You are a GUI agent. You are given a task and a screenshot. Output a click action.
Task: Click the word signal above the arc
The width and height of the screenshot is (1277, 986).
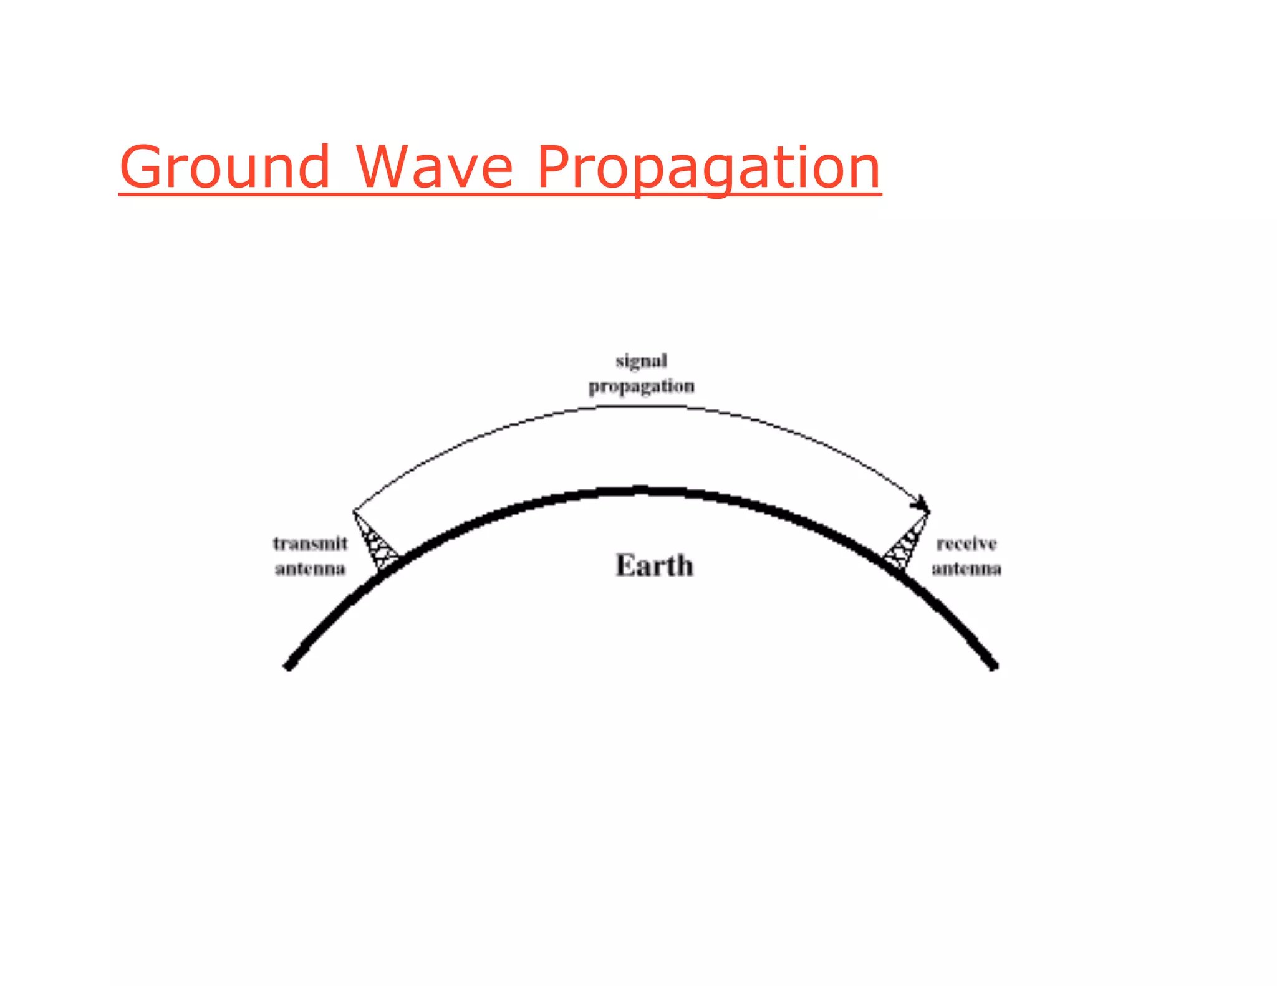coord(641,361)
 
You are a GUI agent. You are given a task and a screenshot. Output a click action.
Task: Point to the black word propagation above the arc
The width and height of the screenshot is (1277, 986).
coord(641,387)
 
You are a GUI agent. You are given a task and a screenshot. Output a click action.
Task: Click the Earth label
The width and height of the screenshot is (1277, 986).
coord(654,565)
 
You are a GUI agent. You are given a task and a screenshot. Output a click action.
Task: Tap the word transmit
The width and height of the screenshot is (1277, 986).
coord(310,543)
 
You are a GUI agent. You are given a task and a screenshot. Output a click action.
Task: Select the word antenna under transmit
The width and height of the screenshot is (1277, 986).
coord(310,568)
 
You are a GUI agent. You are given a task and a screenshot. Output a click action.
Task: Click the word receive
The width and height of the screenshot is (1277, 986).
coord(966,543)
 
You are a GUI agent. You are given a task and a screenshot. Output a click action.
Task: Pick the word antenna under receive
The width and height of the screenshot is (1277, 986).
coord(966,568)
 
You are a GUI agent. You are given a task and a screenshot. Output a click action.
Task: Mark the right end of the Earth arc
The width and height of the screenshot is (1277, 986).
coord(993,666)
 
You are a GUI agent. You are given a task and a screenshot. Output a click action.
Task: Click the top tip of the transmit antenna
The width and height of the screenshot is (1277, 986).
coord(354,512)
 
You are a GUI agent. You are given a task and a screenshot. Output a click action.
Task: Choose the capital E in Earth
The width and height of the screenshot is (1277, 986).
coord(625,565)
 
